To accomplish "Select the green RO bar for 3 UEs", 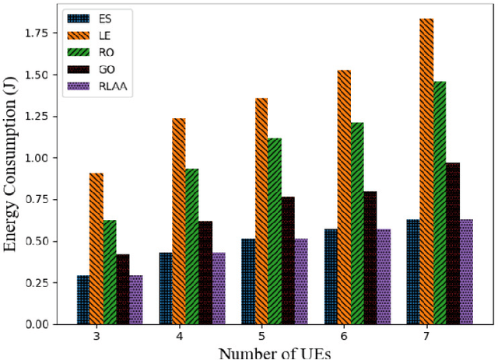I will coord(110,272).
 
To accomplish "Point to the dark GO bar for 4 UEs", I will coord(205,273).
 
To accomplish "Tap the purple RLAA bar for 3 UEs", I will coord(136,299).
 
